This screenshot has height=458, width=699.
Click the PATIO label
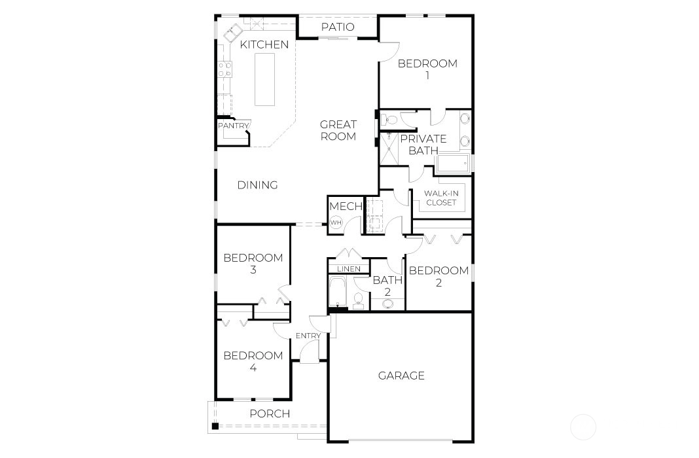click(x=338, y=27)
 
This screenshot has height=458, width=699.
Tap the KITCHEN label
click(x=264, y=44)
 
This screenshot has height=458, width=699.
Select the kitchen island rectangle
click(x=265, y=79)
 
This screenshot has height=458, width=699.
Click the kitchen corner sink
click(x=232, y=33)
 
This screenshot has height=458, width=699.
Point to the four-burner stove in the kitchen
click(x=224, y=69)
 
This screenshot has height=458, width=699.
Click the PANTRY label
click(x=233, y=126)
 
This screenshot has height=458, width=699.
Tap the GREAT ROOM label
click(x=338, y=130)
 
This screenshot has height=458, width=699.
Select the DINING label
click(x=257, y=185)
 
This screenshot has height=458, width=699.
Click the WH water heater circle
click(x=336, y=222)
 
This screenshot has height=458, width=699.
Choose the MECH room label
click(x=346, y=206)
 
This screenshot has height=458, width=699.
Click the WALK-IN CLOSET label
click(x=441, y=198)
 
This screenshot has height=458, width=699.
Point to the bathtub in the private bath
click(x=454, y=164)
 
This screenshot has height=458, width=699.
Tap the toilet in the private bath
click(x=389, y=119)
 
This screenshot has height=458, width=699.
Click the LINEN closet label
click(x=349, y=269)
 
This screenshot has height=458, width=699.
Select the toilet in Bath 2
click(x=358, y=300)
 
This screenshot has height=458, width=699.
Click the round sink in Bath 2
click(x=388, y=304)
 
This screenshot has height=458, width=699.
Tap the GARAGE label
click(x=401, y=376)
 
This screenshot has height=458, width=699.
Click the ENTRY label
click(x=308, y=336)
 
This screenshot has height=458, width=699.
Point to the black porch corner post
click(x=215, y=426)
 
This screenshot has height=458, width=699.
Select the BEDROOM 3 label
click(x=253, y=263)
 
